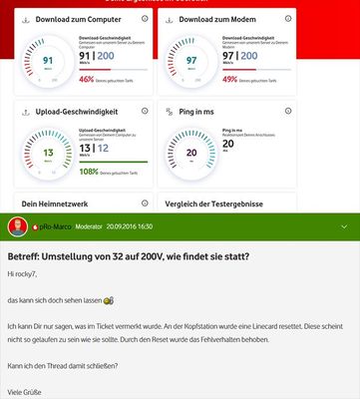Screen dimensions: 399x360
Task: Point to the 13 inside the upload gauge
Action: (47, 153)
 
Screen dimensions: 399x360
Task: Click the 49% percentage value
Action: (230, 78)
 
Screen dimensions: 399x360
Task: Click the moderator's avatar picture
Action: (17, 226)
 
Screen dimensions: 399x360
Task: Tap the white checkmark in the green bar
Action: (344, 226)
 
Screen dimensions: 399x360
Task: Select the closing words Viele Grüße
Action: (27, 392)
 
